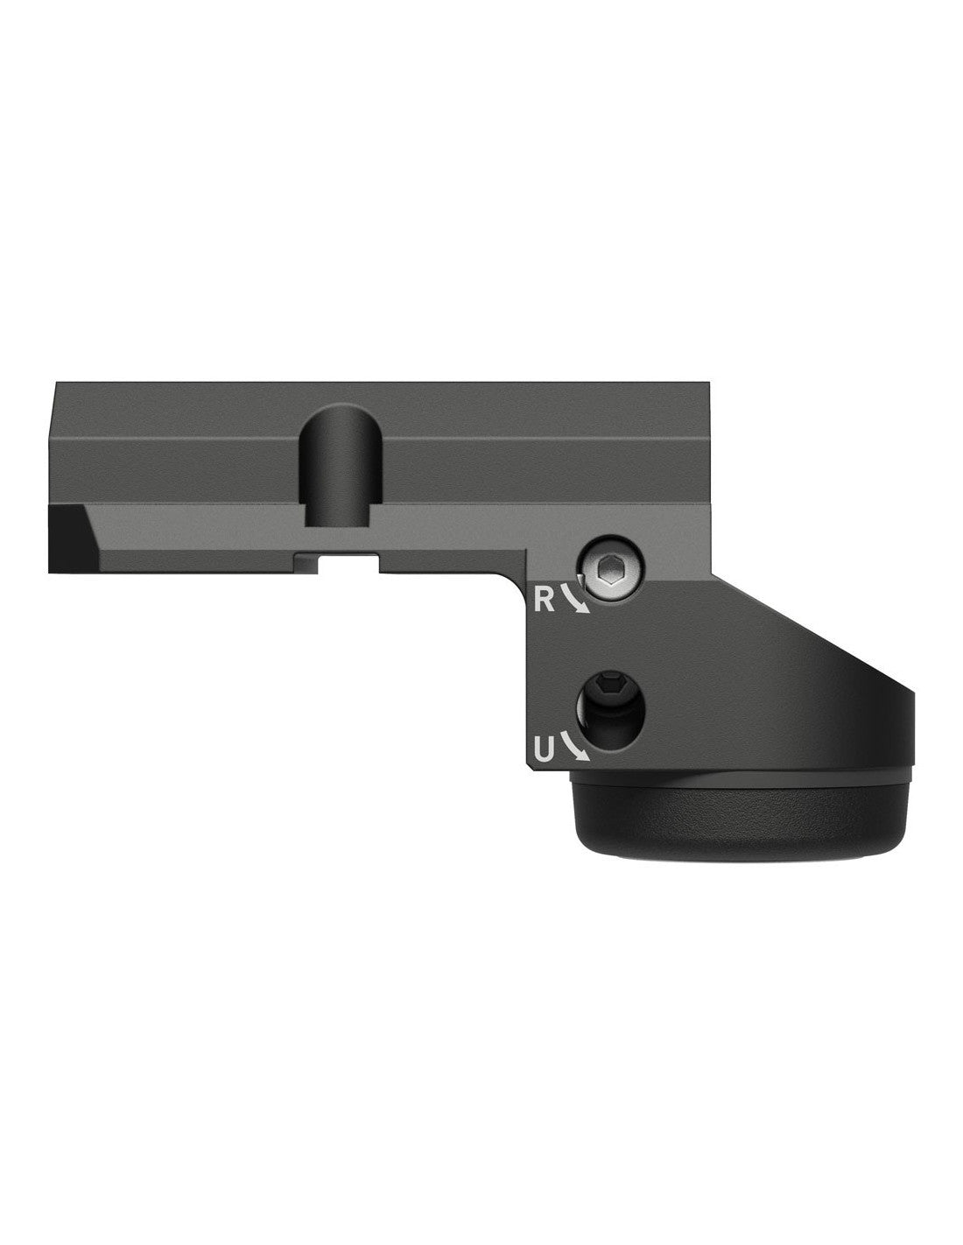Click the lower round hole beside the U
(611, 709)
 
